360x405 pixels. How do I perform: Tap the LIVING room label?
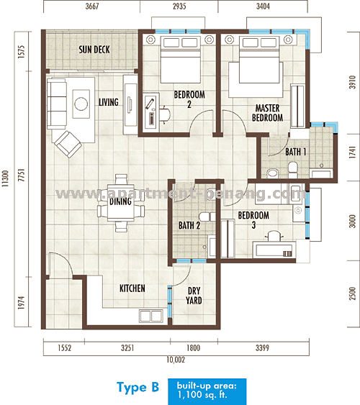tap(108, 102)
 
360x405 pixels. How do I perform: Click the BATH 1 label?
tap(295, 153)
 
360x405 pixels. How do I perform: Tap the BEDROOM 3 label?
tap(253, 220)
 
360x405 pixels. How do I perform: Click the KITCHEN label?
tap(132, 288)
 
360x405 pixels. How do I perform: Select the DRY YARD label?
tap(194, 296)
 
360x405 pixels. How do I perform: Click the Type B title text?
tap(137, 388)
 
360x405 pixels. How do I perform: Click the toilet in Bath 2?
tap(206, 217)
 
